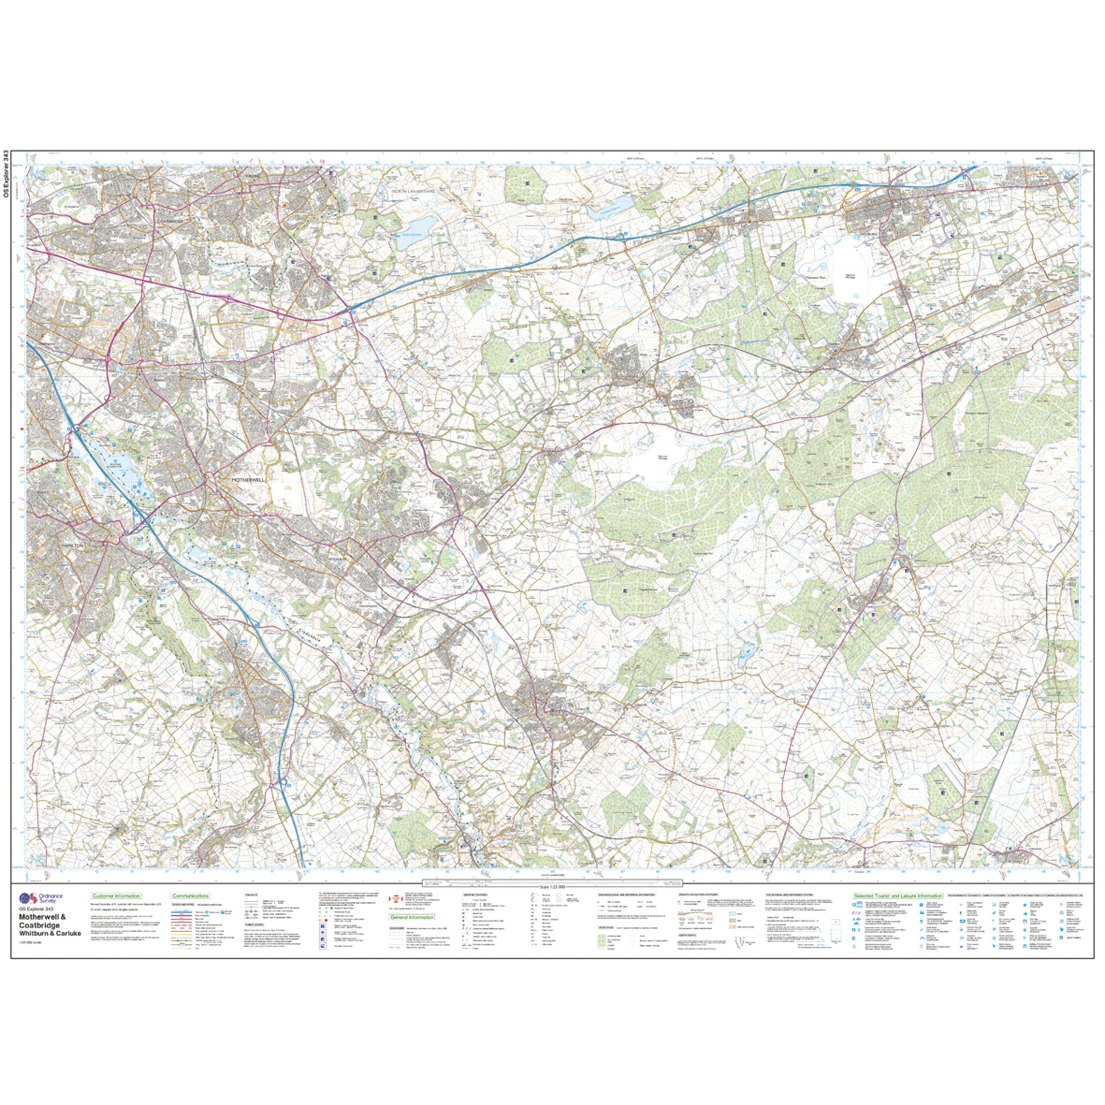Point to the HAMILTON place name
72,546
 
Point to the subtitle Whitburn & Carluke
50,933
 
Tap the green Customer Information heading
116,896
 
